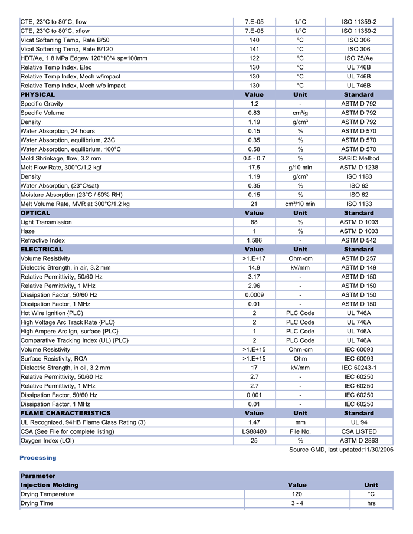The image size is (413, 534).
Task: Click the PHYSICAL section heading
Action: pyautogui.click(x=38, y=94)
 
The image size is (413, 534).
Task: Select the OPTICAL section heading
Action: pyautogui.click(x=35, y=213)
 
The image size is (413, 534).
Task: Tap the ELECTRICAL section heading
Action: pyautogui.click(x=41, y=250)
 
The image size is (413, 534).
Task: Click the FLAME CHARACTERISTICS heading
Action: pyautogui.click(x=65, y=413)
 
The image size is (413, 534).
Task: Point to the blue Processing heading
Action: pyautogui.click(x=38, y=458)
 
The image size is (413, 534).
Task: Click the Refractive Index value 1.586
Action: pyautogui.click(x=254, y=240)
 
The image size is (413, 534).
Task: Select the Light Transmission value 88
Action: pyautogui.click(x=254, y=222)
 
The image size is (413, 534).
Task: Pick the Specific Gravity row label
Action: pyautogui.click(x=41, y=104)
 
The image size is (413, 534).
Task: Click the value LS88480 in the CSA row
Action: pyautogui.click(x=254, y=431)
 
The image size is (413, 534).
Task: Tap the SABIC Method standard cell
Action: pyautogui.click(x=359, y=158)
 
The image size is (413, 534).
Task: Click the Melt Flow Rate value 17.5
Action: pyautogui.click(x=254, y=168)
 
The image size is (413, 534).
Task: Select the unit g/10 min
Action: pyautogui.click(x=300, y=168)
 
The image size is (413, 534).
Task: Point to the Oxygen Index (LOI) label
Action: pyautogui.click(x=47, y=440)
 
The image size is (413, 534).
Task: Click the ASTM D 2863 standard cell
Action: pyautogui.click(x=359, y=440)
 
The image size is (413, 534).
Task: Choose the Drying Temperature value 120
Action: pyautogui.click(x=297, y=494)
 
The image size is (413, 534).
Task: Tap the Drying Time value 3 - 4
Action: pyautogui.click(x=297, y=503)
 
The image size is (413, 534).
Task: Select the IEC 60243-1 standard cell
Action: pyautogui.click(x=359, y=368)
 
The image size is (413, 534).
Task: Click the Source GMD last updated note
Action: pyautogui.click(x=341, y=450)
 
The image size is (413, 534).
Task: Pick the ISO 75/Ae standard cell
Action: pyautogui.click(x=359, y=58)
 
